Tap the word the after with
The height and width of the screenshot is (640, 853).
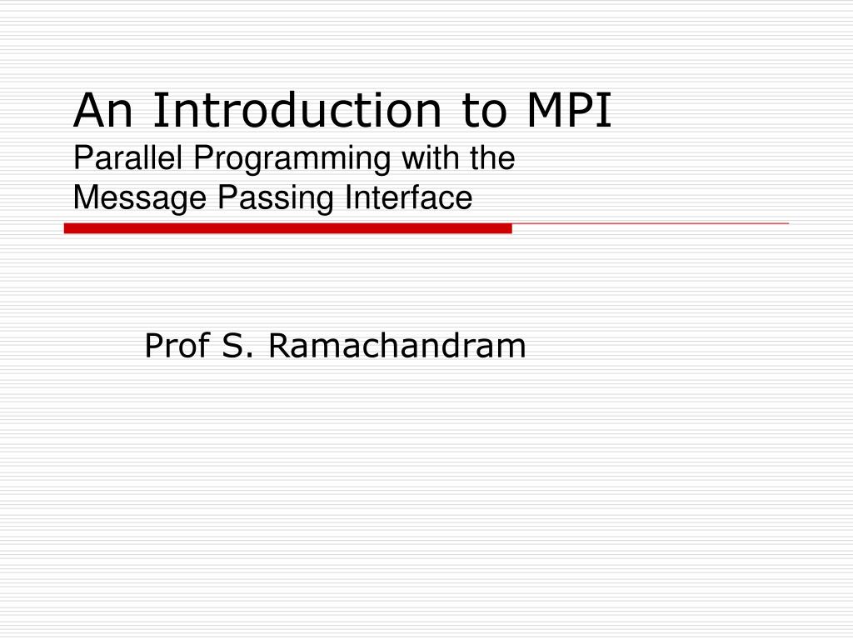coord(493,158)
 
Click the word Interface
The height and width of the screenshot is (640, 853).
coord(409,198)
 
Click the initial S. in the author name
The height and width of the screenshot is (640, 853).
coord(237,346)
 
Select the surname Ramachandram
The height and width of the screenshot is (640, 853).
coord(397,346)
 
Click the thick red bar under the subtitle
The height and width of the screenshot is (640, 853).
coord(287,228)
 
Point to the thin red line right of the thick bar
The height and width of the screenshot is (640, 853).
coord(650,224)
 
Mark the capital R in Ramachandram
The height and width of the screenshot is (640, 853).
coord(277,346)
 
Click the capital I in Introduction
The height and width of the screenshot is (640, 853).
coord(157,112)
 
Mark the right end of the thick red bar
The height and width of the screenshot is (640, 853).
coord(509,228)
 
